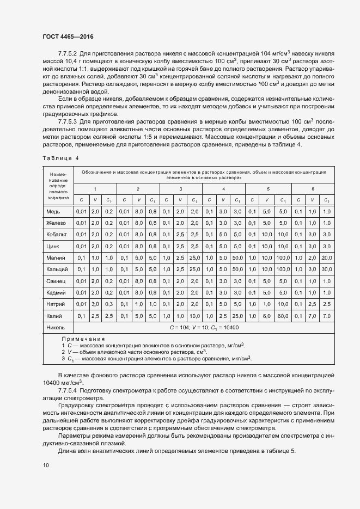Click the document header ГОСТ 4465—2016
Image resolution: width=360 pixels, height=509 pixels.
pyautogui.click(x=66, y=37)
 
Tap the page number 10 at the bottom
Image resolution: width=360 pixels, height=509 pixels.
pyautogui.click(x=45, y=465)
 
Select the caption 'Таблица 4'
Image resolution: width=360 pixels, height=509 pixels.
pyautogui.click(x=60, y=158)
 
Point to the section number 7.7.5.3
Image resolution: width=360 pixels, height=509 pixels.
pyautogui.click(x=70, y=121)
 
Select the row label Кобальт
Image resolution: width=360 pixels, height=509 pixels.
pyautogui.click(x=56, y=234)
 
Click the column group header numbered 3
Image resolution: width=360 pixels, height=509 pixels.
pyautogui.click(x=181, y=188)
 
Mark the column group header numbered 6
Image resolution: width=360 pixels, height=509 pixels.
pyautogui.click(x=313, y=188)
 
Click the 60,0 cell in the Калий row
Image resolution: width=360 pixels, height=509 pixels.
pyautogui.click(x=282, y=316)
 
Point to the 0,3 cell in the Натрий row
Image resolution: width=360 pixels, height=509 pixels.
pyautogui.click(x=109, y=304)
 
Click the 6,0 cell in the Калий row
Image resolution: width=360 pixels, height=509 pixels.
pyautogui.click(x=267, y=316)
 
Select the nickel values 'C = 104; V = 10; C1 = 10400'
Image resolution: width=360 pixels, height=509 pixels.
pyautogui.click(x=202, y=328)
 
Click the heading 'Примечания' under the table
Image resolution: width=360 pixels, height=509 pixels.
pyautogui.click(x=83, y=339)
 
